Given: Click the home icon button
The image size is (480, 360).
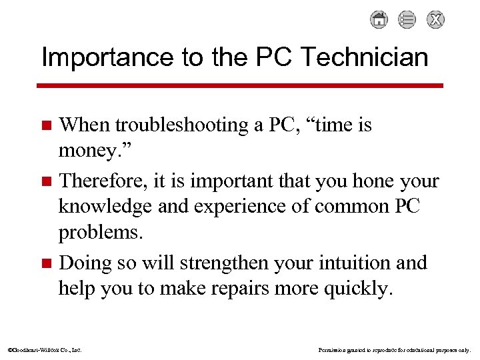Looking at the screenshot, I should pyautogui.click(x=379, y=20).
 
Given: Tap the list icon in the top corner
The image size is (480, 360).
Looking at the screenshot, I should pyautogui.click(x=407, y=20).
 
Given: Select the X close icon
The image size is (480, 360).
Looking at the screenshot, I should pyautogui.click(x=435, y=20).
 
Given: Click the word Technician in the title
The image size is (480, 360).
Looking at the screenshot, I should pyautogui.click(x=365, y=57).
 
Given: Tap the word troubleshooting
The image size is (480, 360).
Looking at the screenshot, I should pyautogui.click(x=179, y=125).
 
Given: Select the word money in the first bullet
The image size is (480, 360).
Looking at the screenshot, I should pyautogui.click(x=91, y=151).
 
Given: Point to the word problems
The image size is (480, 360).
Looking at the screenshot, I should pyautogui.click(x=101, y=233).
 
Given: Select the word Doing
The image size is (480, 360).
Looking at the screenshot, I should pyautogui.click(x=83, y=263).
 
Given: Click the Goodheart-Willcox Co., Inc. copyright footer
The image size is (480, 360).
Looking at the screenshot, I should pyautogui.click(x=44, y=349).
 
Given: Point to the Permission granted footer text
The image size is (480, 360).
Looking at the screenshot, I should pyautogui.click(x=394, y=349).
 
